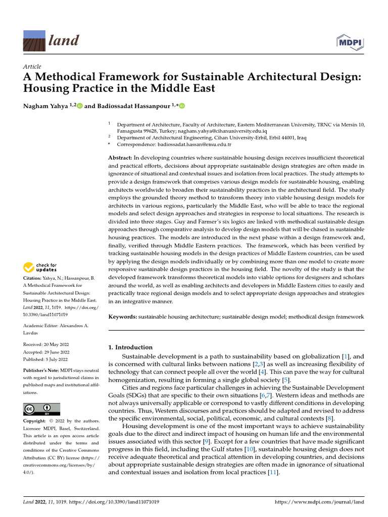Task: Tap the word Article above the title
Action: [32, 67]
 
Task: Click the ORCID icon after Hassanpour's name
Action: [182, 106]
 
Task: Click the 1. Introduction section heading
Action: [131, 347]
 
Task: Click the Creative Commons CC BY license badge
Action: [41, 409]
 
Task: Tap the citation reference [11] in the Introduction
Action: [273, 473]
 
